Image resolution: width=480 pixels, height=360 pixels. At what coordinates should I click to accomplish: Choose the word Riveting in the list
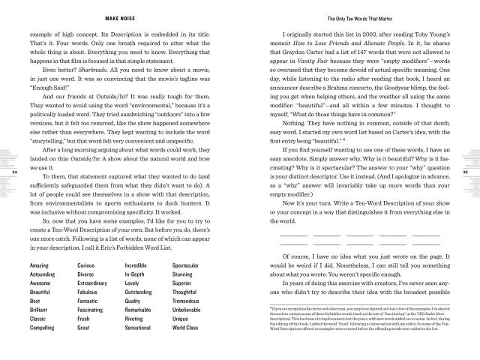tap(137, 317)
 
